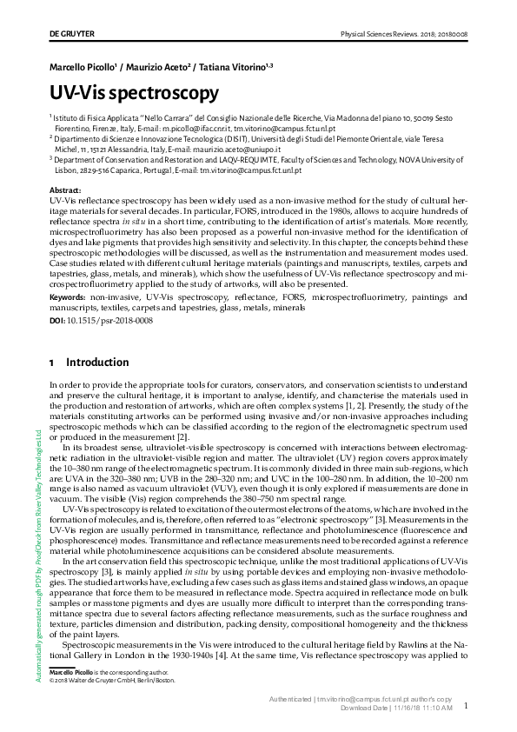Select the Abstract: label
65,190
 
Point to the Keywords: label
72,297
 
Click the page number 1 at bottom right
466,707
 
